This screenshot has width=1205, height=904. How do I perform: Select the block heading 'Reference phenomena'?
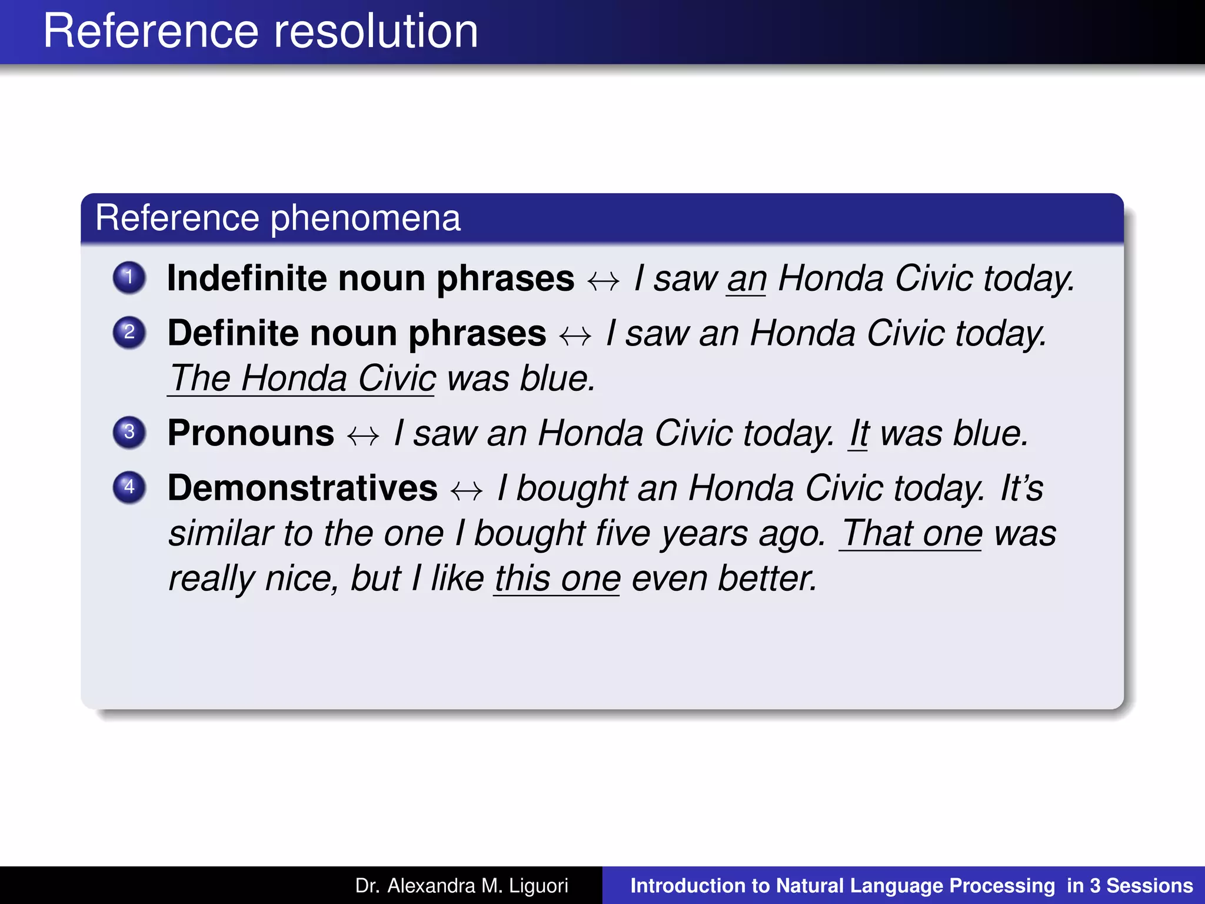click(x=278, y=218)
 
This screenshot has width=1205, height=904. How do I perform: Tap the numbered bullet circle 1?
click(x=129, y=277)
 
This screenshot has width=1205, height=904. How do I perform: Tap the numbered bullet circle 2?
click(x=129, y=333)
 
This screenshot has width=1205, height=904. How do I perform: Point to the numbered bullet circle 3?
click(x=129, y=433)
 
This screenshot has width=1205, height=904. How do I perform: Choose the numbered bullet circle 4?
click(x=129, y=487)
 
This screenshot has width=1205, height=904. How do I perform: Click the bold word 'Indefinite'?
click(x=247, y=278)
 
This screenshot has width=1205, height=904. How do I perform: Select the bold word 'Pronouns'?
click(x=251, y=433)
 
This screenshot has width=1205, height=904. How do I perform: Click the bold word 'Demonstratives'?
click(x=302, y=488)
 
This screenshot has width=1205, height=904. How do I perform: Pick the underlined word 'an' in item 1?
click(x=747, y=279)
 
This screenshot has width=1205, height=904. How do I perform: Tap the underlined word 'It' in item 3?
click(x=859, y=434)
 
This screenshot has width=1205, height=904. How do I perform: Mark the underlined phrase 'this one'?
click(x=557, y=579)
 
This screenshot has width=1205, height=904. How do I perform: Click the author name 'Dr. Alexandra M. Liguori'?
click(x=461, y=886)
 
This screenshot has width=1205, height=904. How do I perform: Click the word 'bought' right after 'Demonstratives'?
click(x=572, y=489)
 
